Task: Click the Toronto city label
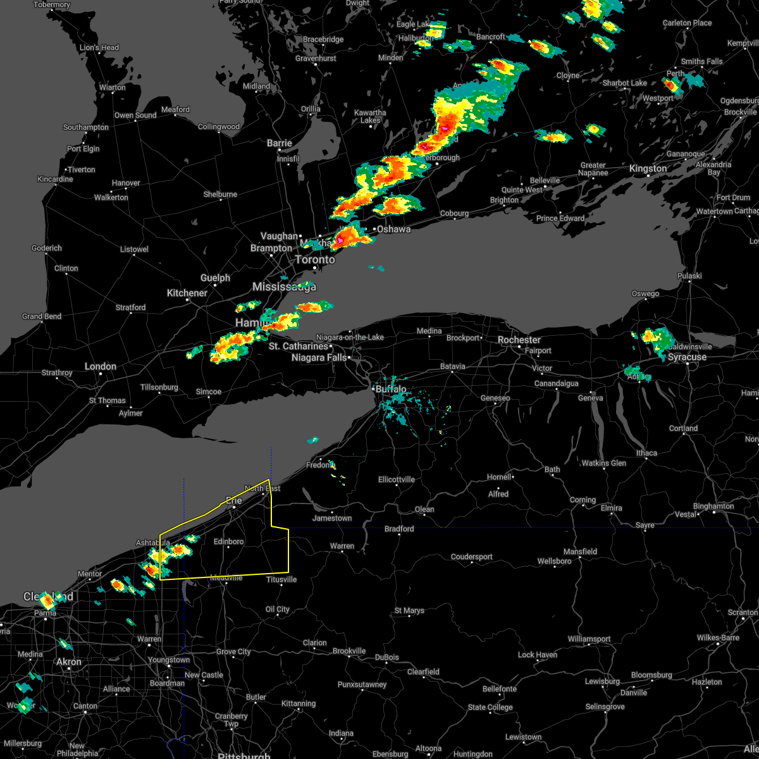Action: [315, 259]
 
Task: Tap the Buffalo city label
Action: [391, 389]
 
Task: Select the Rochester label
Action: [519, 340]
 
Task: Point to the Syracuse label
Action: [687, 357]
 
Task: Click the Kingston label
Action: [648, 168]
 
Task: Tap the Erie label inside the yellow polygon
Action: [234, 500]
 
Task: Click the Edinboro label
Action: [228, 541]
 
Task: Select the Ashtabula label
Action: [153, 543]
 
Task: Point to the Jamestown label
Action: [332, 518]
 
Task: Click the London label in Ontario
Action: [101, 366]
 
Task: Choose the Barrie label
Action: [279, 143]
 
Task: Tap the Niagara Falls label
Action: [319, 357]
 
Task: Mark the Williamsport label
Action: [589, 639]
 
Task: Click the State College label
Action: [490, 707]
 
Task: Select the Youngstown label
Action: [169, 660]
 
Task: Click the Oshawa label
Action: [393, 229]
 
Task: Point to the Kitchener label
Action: [187, 293]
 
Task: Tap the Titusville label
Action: [281, 579]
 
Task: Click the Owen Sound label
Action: [135, 115]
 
